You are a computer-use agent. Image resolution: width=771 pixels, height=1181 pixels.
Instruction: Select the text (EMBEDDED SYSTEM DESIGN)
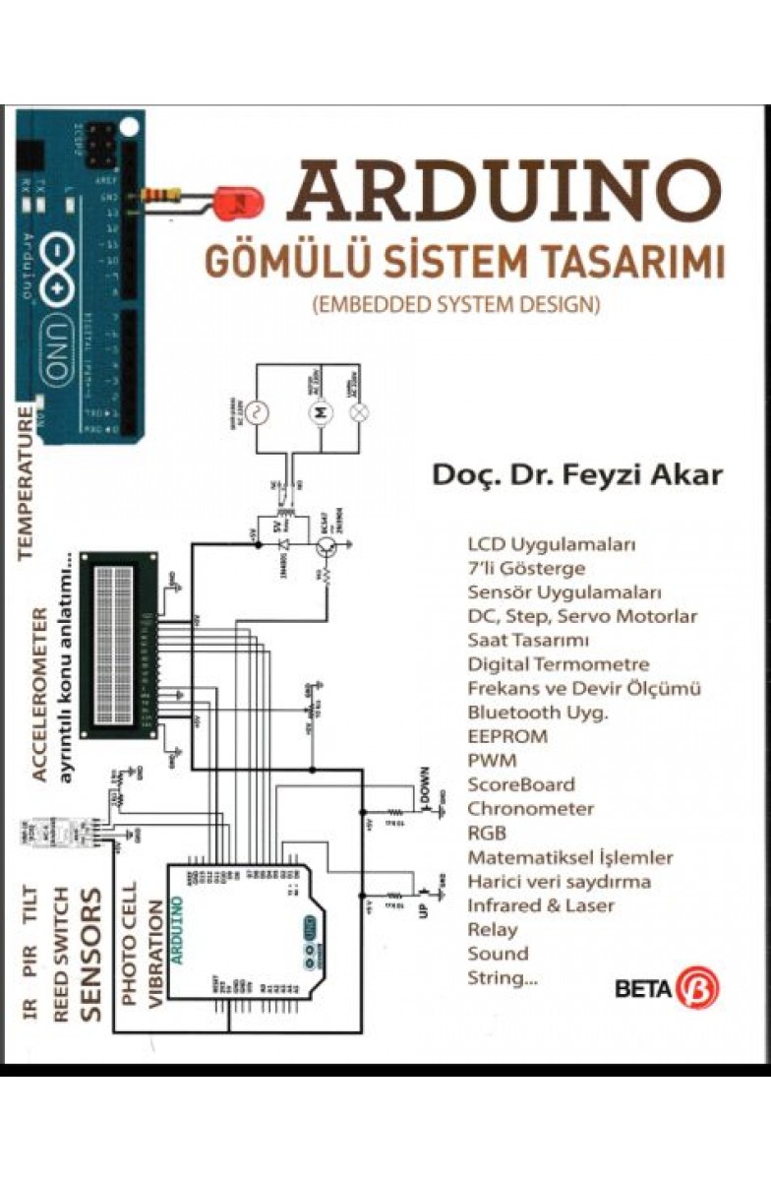pos(455,304)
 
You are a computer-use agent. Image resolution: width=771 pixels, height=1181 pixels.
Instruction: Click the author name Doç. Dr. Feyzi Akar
pos(577,474)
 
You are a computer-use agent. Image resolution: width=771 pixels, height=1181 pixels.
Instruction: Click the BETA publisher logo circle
pos(702,988)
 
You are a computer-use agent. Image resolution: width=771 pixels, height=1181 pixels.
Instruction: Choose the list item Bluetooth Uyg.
pos(537,713)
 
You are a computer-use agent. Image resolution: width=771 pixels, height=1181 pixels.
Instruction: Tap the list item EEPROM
pos(507,736)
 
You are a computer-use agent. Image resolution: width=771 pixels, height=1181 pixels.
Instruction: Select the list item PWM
pos(492,761)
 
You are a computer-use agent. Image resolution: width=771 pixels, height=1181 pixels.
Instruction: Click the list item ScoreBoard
pos(521,784)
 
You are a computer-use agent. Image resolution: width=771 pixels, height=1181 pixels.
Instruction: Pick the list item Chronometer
pos(530,809)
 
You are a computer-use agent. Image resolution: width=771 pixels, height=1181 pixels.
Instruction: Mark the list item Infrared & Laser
pos(541,905)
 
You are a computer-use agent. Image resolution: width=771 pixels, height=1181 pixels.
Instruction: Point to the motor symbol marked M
pos(319,412)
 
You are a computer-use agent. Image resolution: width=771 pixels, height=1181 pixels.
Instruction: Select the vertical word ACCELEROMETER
pos(39,694)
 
